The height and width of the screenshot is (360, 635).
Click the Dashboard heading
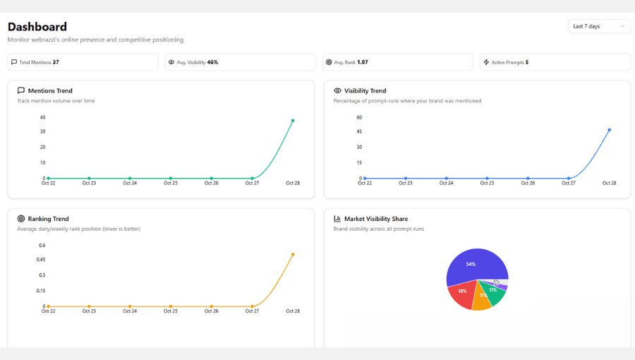[37, 27]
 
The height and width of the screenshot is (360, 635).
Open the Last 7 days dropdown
[599, 26]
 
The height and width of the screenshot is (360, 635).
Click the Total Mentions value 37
[56, 62]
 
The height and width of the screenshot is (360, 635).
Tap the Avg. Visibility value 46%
[212, 62]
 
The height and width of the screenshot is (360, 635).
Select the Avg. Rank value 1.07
[362, 62]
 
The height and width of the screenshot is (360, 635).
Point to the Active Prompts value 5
[527, 62]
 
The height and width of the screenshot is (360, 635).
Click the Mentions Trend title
[50, 91]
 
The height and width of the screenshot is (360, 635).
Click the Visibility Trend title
[365, 91]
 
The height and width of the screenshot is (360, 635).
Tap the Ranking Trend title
[48, 219]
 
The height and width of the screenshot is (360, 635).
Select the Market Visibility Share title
[376, 219]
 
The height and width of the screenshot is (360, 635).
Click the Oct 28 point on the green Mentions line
[293, 121]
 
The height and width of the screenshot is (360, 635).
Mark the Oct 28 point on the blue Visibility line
[609, 130]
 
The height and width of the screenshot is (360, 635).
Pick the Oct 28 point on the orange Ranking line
[293, 254]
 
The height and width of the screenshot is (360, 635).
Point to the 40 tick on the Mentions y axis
[42, 117]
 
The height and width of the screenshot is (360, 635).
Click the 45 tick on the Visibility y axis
[359, 131]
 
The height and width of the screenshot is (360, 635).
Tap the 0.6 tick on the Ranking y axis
[42, 246]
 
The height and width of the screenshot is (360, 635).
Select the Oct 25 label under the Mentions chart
[170, 183]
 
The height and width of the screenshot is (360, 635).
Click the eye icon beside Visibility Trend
[337, 91]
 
